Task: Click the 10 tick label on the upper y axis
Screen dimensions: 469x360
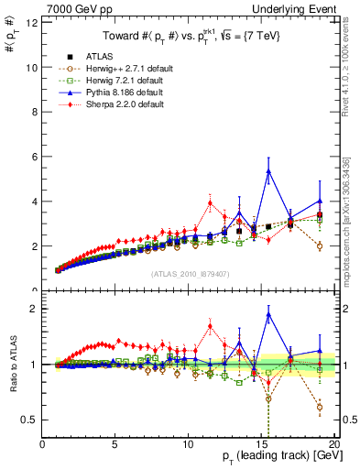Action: click(x=31, y=67)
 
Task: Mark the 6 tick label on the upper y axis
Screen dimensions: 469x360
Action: click(x=34, y=157)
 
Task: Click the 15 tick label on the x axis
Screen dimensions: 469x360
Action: click(x=260, y=444)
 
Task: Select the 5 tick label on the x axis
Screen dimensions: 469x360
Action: click(x=115, y=444)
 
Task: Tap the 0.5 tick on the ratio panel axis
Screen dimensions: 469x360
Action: click(x=29, y=420)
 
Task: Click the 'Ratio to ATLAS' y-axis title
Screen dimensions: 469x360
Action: click(x=12, y=366)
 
